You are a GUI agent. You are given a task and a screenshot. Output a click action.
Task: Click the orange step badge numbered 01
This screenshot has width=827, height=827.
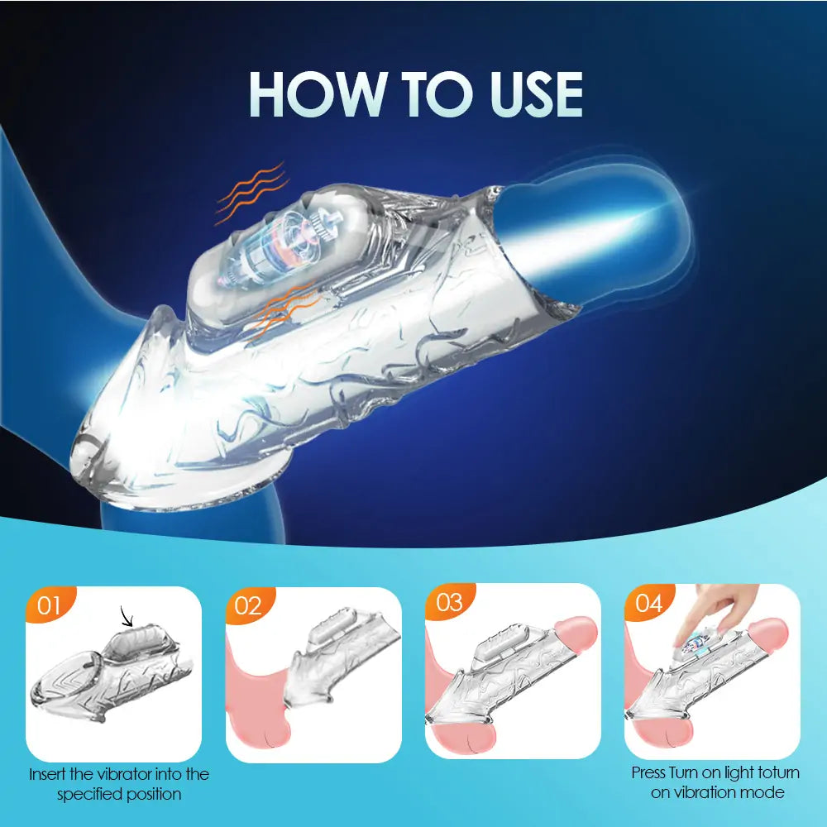tap(50, 605)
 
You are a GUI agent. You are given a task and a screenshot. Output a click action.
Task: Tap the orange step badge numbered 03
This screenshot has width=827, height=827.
tap(448, 602)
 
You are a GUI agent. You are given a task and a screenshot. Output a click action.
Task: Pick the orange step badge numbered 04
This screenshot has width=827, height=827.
tap(648, 604)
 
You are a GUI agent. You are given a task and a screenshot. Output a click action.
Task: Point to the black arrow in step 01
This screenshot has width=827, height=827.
tap(127, 615)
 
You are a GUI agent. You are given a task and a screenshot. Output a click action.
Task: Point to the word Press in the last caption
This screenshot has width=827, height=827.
tap(648, 773)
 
